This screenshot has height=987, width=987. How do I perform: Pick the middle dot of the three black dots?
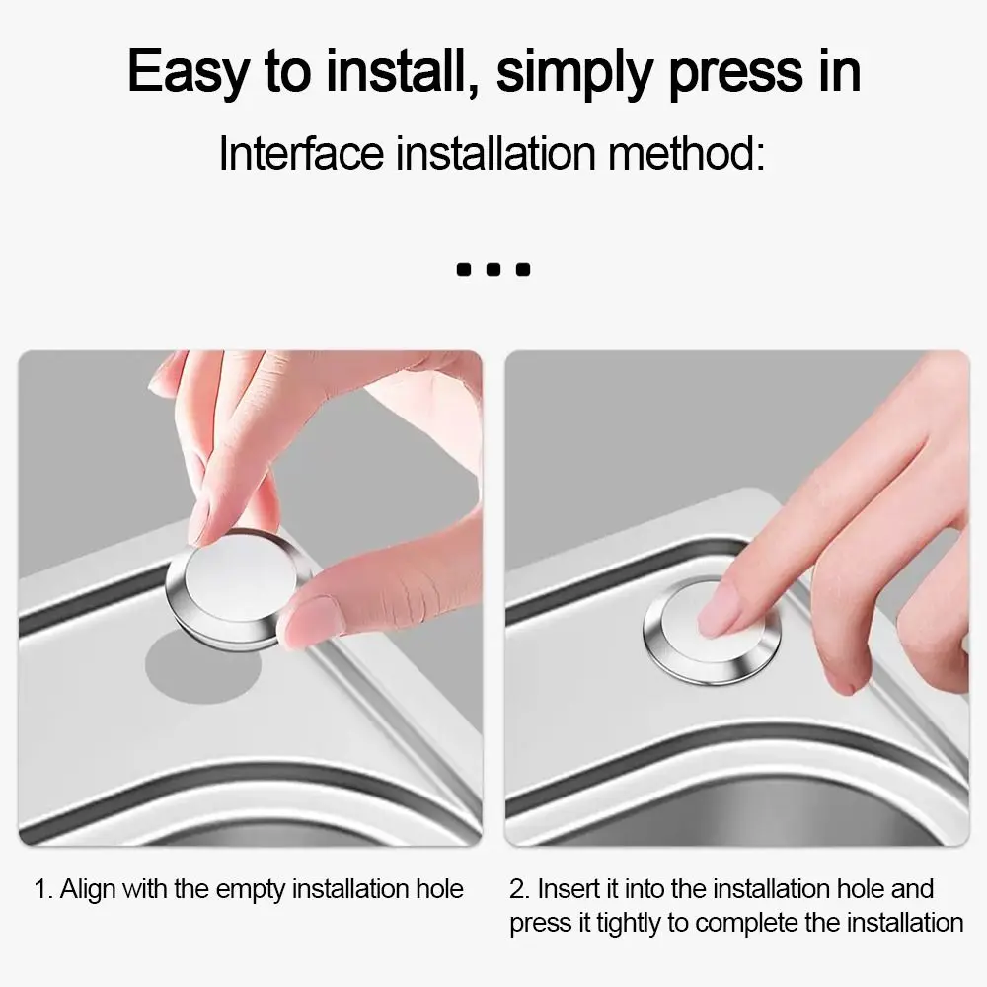point(493,268)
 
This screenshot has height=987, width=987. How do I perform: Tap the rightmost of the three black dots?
point(523,268)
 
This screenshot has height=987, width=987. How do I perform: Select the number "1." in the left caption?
point(43,890)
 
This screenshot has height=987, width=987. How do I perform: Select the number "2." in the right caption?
point(520,890)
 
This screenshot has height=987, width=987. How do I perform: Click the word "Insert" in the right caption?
point(568,890)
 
